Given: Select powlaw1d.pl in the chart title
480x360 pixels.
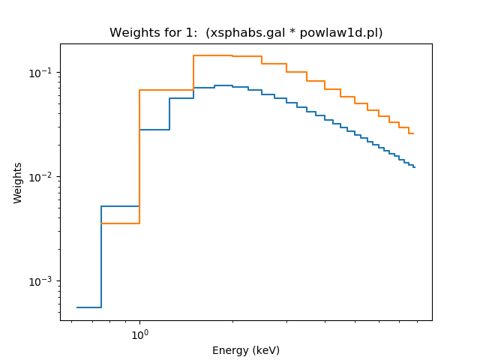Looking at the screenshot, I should pyautogui.click(x=344, y=33).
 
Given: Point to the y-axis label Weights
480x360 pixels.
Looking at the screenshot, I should pyautogui.click(x=18, y=183).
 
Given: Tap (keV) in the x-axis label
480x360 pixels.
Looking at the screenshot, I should pyautogui.click(x=265, y=350).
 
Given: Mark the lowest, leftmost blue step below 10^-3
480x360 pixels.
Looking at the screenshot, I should pyautogui.click(x=89, y=307).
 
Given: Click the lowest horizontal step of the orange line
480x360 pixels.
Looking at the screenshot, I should pyautogui.click(x=120, y=223).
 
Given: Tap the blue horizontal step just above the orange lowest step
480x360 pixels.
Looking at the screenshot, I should pyautogui.click(x=120, y=206).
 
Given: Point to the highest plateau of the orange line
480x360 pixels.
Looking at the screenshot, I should pyautogui.click(x=212, y=55).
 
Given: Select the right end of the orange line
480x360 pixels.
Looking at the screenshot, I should pyautogui.click(x=413, y=133).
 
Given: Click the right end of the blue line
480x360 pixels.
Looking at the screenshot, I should pyautogui.click(x=415, y=166).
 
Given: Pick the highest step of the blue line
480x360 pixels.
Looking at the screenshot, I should pyautogui.click(x=223, y=85).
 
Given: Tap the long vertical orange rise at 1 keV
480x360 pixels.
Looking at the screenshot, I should pyautogui.click(x=139, y=150).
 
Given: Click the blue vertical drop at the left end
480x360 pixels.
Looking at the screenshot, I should pyautogui.click(x=101, y=255).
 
